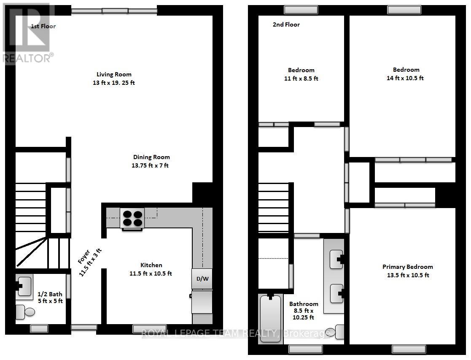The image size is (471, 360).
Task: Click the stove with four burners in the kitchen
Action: [132, 218]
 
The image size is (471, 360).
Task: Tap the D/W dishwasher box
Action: [202, 279]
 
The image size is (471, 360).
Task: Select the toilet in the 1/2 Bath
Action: [25, 312]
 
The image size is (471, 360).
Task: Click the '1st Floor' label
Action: [43, 26]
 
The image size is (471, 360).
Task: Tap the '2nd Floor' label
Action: [286, 24]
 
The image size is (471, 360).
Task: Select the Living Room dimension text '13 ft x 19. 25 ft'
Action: [114, 83]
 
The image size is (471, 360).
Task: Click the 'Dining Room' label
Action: [151, 157]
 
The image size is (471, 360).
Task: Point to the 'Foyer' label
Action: [84, 257]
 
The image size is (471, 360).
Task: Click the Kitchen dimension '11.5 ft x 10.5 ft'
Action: [151, 273]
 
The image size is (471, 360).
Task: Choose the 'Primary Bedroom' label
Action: [408, 267]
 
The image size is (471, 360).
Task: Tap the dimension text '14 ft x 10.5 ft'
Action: [405, 78]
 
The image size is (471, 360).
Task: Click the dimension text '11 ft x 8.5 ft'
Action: [301, 78]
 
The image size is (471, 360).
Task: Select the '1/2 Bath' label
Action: [50, 294]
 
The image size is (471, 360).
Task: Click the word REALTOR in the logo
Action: [27, 58]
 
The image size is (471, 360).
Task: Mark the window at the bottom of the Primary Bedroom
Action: [409, 349]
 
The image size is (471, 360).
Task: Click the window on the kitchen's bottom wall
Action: [150, 329]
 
